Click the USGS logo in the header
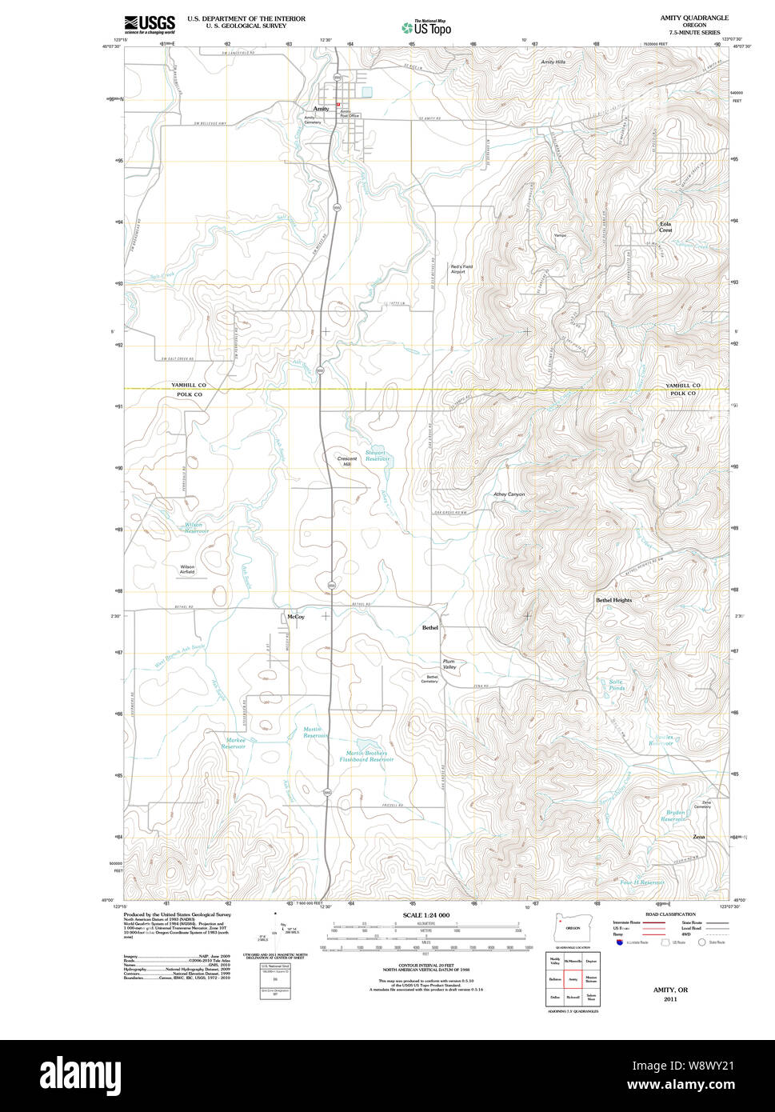coord(149,24)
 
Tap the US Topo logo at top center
coord(426,26)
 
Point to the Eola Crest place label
coord(665,227)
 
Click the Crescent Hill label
coord(346,462)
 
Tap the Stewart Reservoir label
coord(377,456)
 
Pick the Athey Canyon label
coord(509,494)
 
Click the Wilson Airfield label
coord(187,570)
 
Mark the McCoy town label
coord(295,617)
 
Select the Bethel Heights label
coord(613,600)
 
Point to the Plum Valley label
coord(449,664)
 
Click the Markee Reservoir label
coord(234,743)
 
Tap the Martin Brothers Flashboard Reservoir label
coord(366,756)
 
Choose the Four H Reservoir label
coord(641,882)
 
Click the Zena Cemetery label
coord(701,804)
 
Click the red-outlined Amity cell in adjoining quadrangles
coord(572,978)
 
